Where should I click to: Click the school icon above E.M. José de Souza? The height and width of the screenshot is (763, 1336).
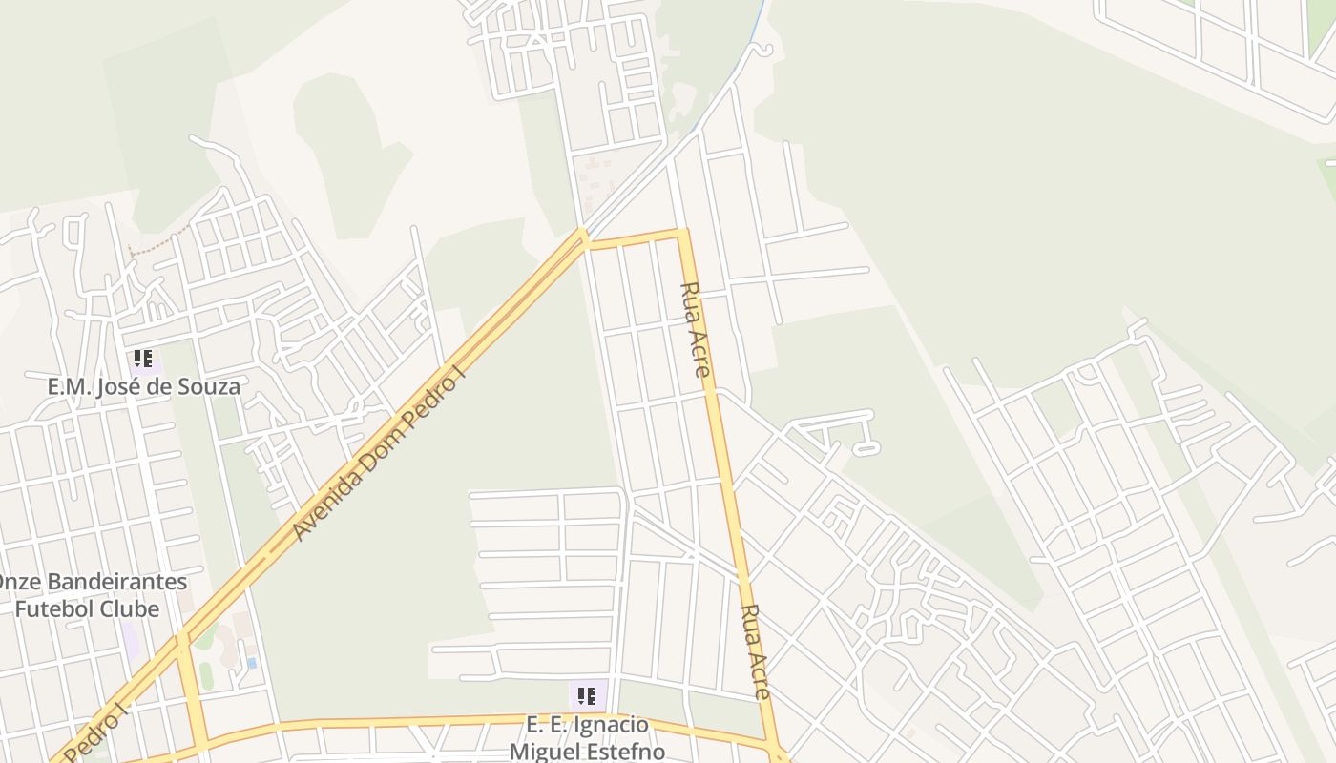(142, 360)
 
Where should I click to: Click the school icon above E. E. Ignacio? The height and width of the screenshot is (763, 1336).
(587, 695)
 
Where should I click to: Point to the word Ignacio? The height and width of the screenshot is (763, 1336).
(608, 725)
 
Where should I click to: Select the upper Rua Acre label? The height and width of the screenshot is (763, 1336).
(696, 329)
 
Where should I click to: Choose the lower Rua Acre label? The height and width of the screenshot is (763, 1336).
(755, 651)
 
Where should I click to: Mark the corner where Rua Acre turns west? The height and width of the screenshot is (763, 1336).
(682, 232)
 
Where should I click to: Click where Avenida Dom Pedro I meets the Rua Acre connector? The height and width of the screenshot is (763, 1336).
(584, 235)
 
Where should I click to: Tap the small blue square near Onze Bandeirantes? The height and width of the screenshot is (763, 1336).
(251, 662)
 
